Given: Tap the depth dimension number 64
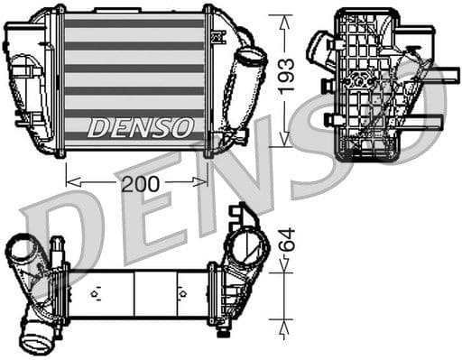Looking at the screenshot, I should click(x=286, y=241).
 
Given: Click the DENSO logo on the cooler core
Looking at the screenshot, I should click(x=140, y=126).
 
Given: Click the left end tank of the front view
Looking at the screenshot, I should click(x=32, y=77).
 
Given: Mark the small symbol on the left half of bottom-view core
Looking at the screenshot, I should click(x=95, y=292).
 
